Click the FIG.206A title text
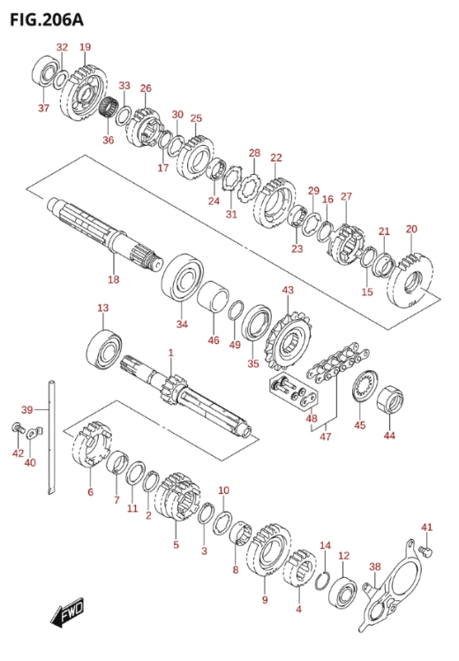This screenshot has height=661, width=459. [47, 19]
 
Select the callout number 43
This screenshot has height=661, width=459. [288, 290]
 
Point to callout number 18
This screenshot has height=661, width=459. [113, 279]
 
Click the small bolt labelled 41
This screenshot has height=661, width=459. [427, 551]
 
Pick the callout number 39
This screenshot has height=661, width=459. [27, 409]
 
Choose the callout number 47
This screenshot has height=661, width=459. [326, 437]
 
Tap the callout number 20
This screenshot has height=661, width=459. [411, 229]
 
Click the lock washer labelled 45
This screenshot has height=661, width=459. [365, 384]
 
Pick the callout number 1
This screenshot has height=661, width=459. [170, 353]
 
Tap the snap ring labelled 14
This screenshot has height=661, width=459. [322, 581]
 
